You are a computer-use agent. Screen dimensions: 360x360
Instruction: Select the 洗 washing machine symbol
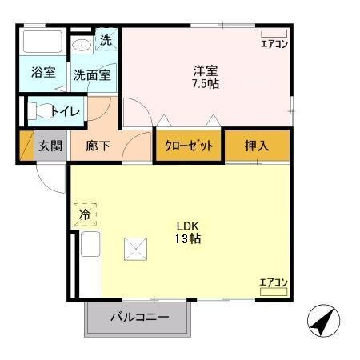point(106,39)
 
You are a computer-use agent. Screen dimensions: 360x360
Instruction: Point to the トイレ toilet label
point(65,111)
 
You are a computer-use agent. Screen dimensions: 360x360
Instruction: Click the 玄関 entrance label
point(50,146)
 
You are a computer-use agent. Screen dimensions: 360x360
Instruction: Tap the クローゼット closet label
point(188,146)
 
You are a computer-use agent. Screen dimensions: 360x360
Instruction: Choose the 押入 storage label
point(257,146)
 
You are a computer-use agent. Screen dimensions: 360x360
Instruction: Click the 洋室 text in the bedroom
point(205,70)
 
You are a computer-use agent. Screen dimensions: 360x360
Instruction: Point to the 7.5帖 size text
point(205,83)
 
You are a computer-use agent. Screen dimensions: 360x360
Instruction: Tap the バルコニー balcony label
point(138,318)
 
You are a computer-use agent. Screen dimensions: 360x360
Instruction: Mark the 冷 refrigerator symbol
point(85,214)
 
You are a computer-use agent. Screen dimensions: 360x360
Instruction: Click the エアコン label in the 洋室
point(274,44)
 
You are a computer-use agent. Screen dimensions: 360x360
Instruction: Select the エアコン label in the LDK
point(274,282)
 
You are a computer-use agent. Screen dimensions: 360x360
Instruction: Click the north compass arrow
point(321,322)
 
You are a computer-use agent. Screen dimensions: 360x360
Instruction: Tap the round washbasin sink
point(80,45)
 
